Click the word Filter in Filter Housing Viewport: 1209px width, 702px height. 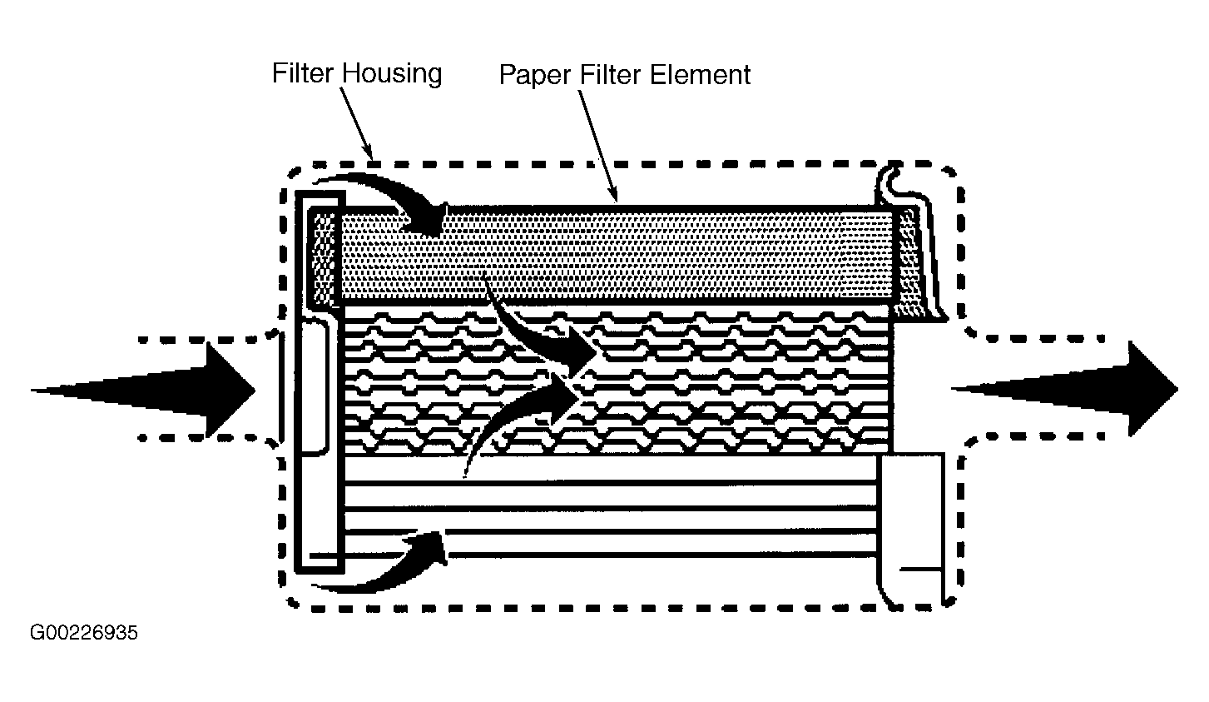pyautogui.click(x=303, y=72)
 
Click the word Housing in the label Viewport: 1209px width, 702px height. pyautogui.click(x=393, y=74)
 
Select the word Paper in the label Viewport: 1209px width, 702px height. pyautogui.click(x=535, y=76)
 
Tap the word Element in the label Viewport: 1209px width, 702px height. pyautogui.click(x=700, y=74)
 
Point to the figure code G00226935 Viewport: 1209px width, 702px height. pyautogui.click(x=84, y=632)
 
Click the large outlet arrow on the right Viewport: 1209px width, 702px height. pyautogui.click(x=1064, y=389)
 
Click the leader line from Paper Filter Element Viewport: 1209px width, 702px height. pyautogui.click(x=598, y=146)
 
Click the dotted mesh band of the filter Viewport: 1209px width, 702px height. pyautogui.click(x=615, y=256)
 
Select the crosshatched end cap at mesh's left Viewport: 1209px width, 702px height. pyautogui.click(x=323, y=256)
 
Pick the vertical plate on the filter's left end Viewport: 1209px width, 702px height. pyautogui.click(x=320, y=381)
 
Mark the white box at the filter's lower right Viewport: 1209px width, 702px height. pyautogui.click(x=911, y=529)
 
